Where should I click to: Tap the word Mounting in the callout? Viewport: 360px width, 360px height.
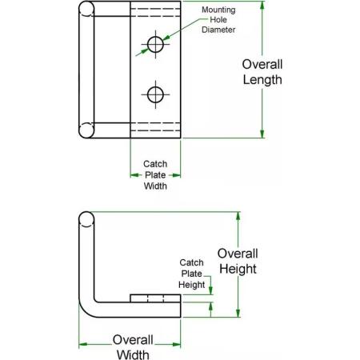(x=218, y=10)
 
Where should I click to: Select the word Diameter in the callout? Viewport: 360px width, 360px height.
(x=218, y=30)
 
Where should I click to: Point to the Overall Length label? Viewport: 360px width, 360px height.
(x=262, y=72)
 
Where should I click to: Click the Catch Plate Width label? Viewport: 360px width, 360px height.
(x=155, y=175)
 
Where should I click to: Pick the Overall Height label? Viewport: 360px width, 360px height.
(x=238, y=261)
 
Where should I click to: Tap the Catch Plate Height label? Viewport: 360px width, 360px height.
(x=191, y=274)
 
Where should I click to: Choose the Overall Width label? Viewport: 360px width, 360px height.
(x=133, y=346)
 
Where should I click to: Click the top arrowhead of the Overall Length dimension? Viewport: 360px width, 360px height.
(x=262, y=6)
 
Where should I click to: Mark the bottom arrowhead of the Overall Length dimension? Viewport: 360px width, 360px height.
(x=262, y=134)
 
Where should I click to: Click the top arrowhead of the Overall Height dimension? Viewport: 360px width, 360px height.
(x=238, y=216)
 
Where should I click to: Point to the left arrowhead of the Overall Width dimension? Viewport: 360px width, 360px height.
(x=83, y=344)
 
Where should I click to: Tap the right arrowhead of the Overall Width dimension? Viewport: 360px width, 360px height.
(x=176, y=344)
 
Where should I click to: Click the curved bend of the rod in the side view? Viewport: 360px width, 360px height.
(x=85, y=311)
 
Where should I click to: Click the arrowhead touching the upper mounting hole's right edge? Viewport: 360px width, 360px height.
(x=166, y=38)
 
